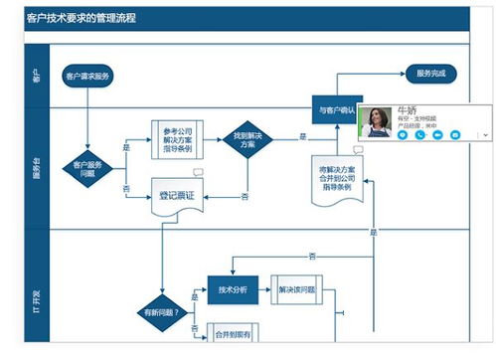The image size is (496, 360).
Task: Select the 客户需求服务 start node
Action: point(89,76)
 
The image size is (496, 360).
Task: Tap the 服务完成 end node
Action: point(430,74)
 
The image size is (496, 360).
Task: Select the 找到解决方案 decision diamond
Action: point(247,140)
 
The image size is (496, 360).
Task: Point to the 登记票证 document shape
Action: point(176,196)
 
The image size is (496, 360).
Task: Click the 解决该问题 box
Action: point(295,289)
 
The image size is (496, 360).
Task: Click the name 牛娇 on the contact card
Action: point(406,109)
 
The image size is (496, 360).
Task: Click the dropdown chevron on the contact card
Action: point(485,134)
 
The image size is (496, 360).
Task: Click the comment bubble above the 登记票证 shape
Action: point(198,173)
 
